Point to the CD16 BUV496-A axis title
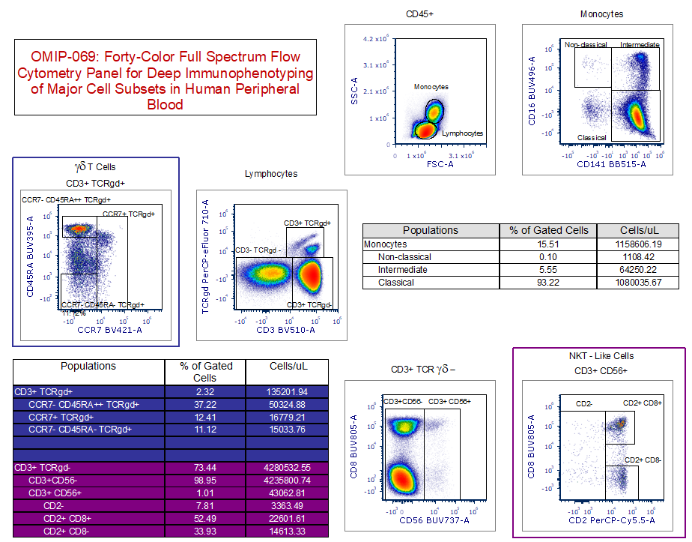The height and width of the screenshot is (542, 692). click(532, 91)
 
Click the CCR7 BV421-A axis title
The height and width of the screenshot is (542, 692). click(109, 329)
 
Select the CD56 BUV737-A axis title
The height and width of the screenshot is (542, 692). click(434, 520)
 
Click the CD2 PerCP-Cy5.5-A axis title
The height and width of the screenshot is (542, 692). click(611, 520)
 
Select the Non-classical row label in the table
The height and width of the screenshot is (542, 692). click(404, 257)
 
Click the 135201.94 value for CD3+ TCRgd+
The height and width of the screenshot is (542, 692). click(288, 391)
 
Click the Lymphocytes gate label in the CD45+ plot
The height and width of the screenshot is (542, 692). click(462, 133)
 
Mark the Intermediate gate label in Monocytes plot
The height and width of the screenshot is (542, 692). click(640, 45)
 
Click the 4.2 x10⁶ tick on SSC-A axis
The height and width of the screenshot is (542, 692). click(374, 38)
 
